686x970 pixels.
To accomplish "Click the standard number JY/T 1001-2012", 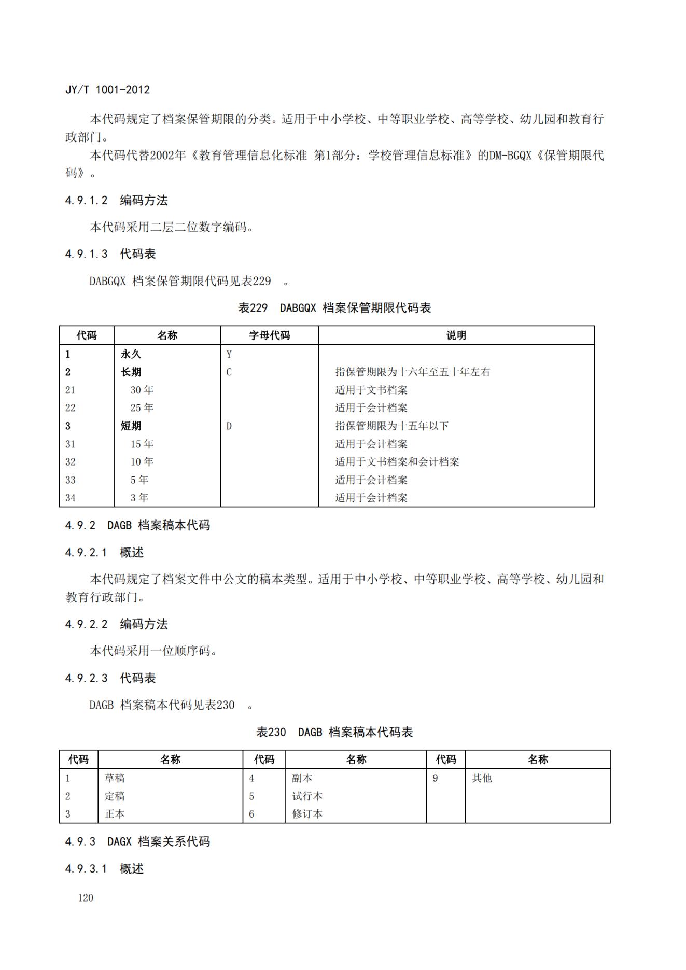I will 107,90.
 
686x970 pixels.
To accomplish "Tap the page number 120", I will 86,897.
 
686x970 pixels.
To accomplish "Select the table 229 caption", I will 334,308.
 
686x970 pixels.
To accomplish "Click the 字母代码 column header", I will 269,335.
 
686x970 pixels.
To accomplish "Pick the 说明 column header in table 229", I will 456,335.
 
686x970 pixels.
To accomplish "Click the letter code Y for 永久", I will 229,355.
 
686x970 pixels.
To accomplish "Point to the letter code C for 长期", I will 229,372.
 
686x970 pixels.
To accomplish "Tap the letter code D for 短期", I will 229,426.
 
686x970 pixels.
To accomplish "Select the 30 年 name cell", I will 142,390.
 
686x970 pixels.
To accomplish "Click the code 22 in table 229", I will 71,408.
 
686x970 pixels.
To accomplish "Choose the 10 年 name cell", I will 142,461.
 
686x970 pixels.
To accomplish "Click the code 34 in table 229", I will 71,498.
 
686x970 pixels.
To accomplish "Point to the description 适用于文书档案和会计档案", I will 397,461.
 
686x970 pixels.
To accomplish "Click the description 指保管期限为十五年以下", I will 391,426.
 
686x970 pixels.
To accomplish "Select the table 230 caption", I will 334,732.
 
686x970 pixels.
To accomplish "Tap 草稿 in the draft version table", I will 115,778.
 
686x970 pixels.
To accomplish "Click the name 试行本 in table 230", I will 307,796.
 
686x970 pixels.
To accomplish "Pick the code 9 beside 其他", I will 435,778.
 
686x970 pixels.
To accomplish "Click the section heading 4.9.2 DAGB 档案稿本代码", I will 137,525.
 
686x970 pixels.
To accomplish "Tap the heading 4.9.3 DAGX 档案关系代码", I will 137,841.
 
